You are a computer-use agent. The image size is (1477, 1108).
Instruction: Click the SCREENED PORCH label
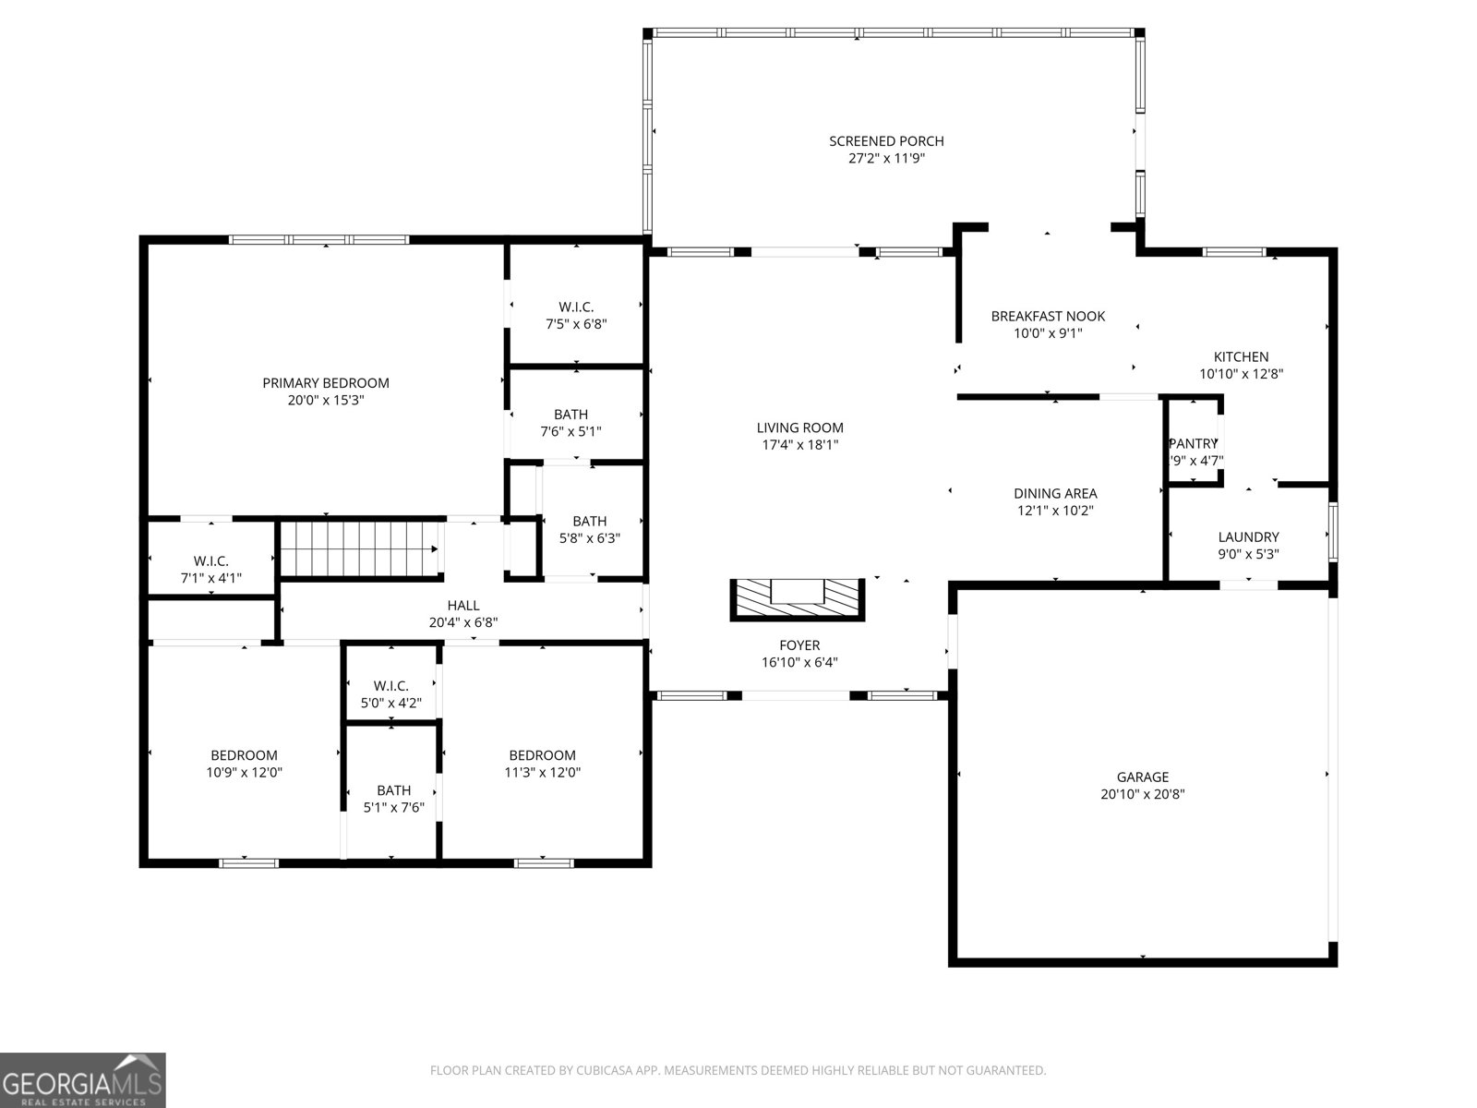886,141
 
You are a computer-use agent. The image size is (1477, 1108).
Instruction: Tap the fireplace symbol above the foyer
799,598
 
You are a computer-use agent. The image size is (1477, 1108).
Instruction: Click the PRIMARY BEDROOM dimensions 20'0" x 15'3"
325,401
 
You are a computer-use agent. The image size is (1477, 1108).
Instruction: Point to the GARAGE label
1142,777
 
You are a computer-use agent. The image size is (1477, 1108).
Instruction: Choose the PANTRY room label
1194,444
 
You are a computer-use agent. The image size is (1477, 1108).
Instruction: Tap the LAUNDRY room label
1248,537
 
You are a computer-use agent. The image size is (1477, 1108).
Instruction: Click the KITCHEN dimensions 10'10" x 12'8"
1241,375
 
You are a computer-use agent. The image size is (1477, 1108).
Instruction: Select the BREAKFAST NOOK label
1048,317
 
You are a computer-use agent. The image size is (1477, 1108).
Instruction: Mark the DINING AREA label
1055,494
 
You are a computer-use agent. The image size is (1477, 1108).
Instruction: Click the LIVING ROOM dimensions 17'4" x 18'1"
799,445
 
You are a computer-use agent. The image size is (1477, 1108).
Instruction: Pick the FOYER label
799,645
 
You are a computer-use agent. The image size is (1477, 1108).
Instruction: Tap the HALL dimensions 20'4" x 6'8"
463,623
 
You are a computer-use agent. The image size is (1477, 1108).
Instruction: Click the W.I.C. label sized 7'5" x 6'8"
576,307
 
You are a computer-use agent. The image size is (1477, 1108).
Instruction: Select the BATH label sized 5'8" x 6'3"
589,522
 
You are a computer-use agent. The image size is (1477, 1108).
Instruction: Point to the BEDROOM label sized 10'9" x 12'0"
244,755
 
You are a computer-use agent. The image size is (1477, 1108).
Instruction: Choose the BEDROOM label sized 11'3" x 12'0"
542,755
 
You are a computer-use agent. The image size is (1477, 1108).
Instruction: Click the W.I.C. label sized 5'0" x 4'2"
391,686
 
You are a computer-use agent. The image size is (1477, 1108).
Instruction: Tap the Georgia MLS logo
83,1080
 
